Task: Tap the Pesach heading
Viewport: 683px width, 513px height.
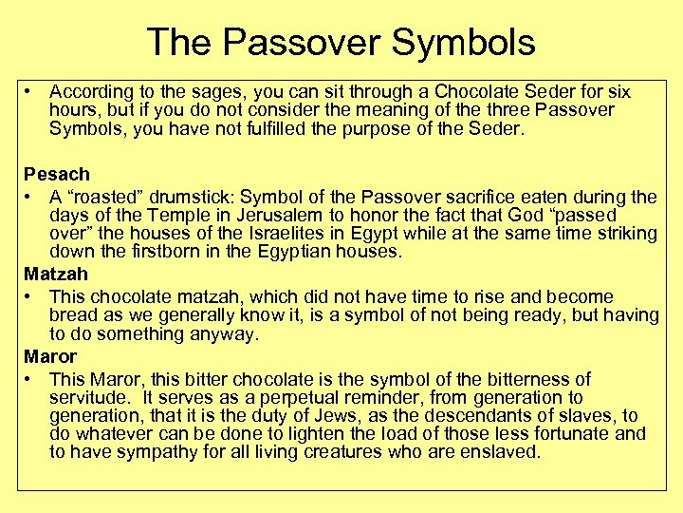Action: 57,174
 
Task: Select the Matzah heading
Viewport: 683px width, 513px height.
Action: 56,274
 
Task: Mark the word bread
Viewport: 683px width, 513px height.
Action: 72,315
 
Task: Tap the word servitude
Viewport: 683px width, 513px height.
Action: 86,397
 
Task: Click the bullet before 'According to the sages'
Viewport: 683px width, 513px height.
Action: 31,92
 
